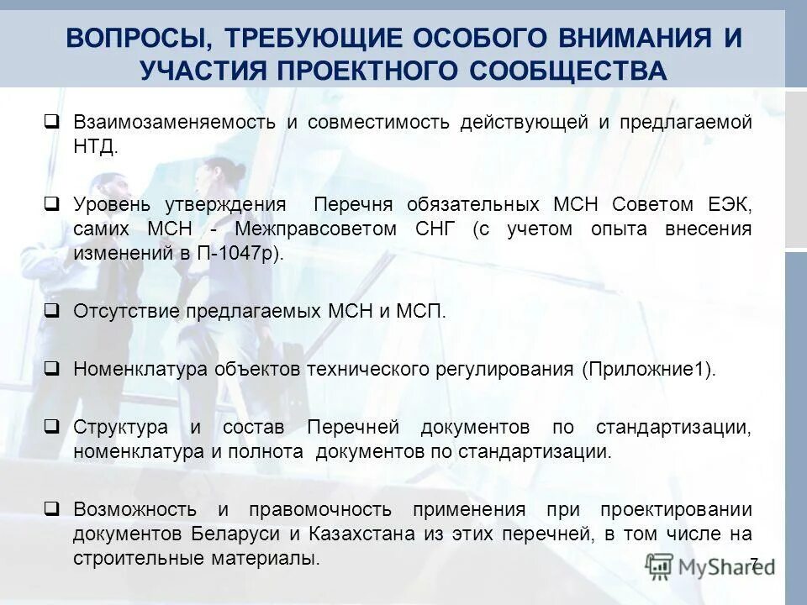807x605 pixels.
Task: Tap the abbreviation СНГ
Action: pyautogui.click(x=435, y=229)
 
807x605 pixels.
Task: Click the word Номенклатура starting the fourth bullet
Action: pyautogui.click(x=140, y=369)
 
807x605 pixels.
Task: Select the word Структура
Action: pyautogui.click(x=120, y=427)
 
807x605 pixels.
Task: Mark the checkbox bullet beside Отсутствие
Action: pyautogui.click(x=51, y=310)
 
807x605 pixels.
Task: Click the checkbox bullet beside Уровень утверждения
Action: pyautogui.click(x=51, y=203)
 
